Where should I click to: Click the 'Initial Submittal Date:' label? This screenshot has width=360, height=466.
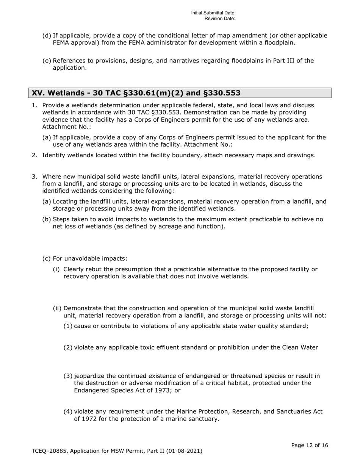213,13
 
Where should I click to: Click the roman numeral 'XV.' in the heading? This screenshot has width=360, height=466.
38,93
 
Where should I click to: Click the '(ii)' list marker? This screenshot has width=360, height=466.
57,308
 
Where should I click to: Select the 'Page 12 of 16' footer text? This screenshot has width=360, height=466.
309,446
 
